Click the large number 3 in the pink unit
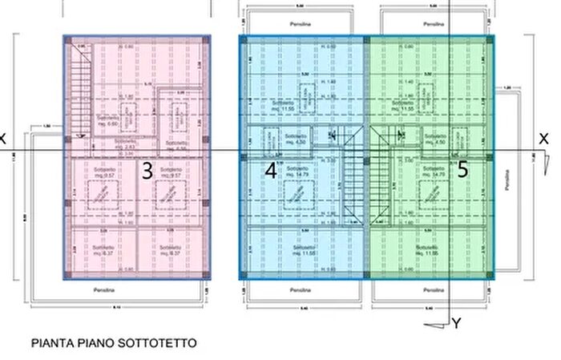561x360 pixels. click(147, 170)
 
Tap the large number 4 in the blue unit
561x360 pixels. click(271, 170)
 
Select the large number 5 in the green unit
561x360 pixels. click(463, 170)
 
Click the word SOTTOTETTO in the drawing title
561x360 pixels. click(151, 343)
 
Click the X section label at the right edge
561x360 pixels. click(543, 139)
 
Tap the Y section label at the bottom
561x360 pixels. click(455, 324)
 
